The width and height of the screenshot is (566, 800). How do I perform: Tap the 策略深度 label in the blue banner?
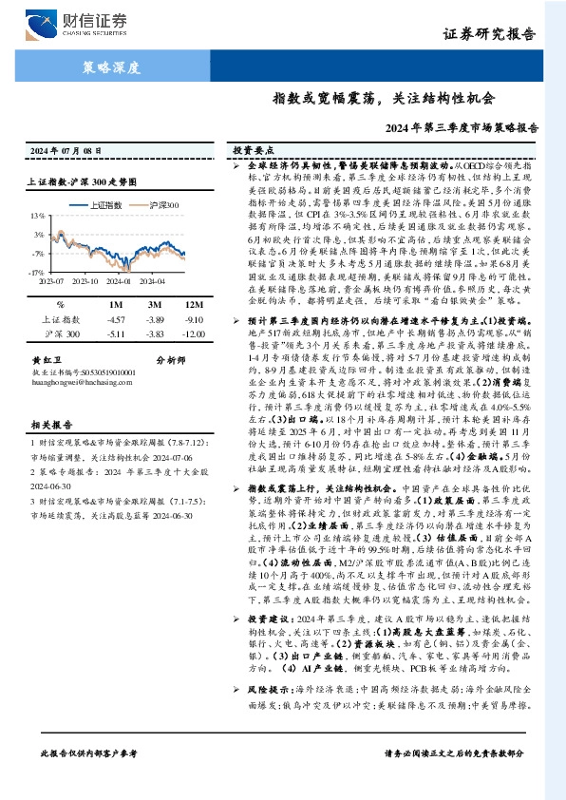click(111, 68)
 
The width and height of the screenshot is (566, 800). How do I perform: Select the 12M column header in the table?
click(170, 305)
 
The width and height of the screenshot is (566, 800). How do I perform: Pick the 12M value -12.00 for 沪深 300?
click(169, 333)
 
